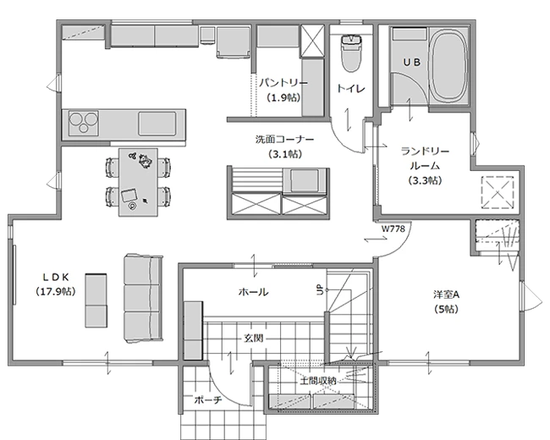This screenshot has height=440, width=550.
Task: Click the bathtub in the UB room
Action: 449,66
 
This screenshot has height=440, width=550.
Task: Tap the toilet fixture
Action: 351,52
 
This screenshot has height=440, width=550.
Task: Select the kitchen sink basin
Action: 157,124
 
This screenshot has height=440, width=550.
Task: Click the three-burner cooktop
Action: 83,123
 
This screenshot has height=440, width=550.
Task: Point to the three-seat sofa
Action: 143,298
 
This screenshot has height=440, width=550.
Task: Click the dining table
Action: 138,182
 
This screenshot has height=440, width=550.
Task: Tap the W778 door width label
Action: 393,229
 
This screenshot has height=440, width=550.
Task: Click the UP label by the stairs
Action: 320,290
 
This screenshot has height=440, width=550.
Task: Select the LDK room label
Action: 56,278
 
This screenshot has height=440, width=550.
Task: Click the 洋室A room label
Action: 446,294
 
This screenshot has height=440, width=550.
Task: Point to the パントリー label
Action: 283,83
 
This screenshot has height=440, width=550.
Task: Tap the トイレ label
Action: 351,88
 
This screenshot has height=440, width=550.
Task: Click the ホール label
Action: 254,292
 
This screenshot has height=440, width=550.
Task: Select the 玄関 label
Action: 254,338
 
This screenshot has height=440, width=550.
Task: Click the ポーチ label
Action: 208,399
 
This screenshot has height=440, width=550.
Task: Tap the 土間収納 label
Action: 318,381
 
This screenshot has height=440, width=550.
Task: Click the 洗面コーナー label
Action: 284,140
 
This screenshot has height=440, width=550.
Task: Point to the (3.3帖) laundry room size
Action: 425,181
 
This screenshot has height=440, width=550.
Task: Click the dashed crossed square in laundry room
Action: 498,193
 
